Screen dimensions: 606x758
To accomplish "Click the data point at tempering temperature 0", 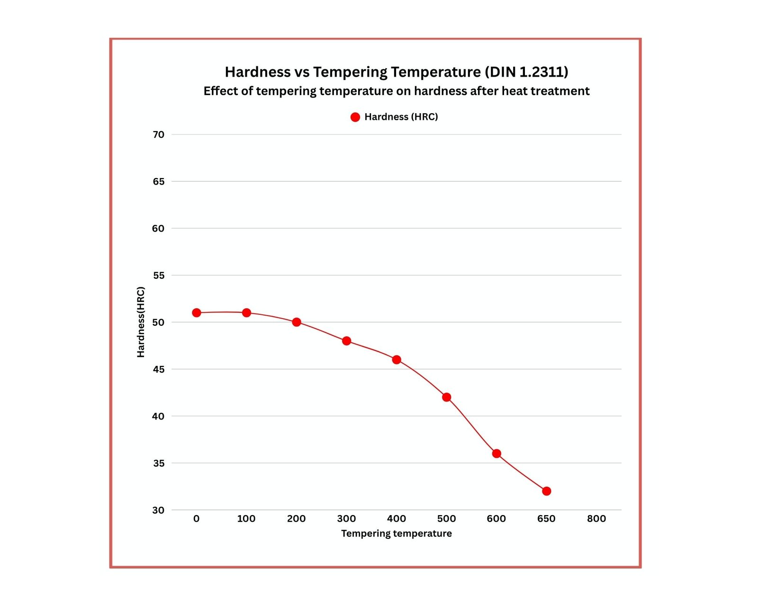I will (197, 312).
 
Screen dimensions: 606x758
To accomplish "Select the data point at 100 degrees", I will (246, 312).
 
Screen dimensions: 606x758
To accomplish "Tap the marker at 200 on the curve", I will (297, 322).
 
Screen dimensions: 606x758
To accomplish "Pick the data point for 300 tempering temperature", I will (346, 341).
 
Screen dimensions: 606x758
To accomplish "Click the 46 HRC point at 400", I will (397, 360).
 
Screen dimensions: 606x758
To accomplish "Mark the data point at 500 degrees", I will (446, 397).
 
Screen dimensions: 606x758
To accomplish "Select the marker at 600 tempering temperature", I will (496, 454).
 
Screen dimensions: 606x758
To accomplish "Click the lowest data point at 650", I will (546, 491).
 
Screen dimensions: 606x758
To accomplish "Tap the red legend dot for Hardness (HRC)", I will (355, 117).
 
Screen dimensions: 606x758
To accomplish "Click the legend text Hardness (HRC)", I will (401, 117).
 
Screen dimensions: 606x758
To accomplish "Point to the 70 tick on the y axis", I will (158, 134).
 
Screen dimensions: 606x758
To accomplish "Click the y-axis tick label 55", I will (158, 275).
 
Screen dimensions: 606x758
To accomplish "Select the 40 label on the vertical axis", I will (158, 416).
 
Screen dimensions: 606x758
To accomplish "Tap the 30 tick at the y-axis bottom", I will (158, 510).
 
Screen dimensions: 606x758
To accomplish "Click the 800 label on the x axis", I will (596, 519).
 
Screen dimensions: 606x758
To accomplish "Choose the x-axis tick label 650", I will (546, 519).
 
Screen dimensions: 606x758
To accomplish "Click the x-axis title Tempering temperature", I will (397, 534).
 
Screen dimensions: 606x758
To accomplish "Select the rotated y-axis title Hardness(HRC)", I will (141, 322).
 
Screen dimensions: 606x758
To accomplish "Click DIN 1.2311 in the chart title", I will (526, 72).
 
